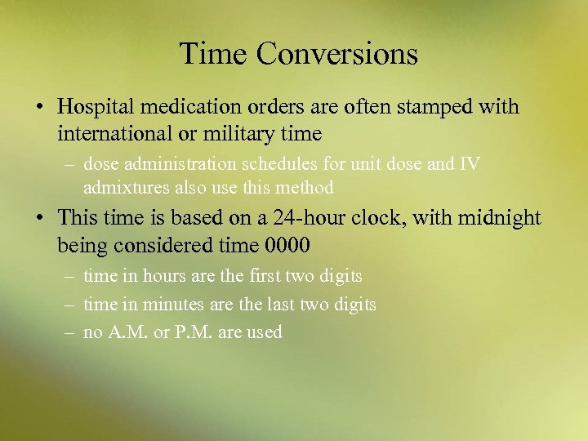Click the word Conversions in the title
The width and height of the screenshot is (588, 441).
click(x=336, y=54)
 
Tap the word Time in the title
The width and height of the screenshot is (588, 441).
click(x=213, y=54)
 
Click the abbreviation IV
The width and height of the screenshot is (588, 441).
click(x=470, y=164)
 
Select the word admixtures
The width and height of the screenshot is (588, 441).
click(x=126, y=188)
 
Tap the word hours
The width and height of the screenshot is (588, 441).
click(x=164, y=276)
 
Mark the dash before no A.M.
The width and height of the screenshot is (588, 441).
click(x=72, y=332)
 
